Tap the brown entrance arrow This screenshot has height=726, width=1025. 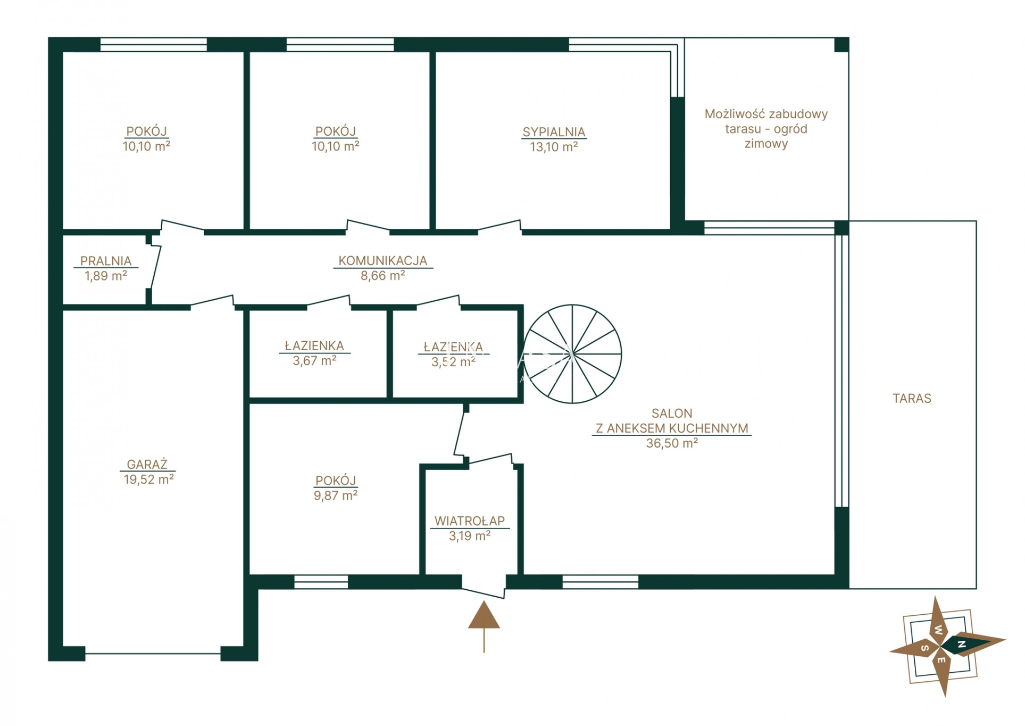pyautogui.click(x=484, y=626)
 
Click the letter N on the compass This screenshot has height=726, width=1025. pyautogui.click(x=961, y=645)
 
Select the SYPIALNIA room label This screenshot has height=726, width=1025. pyautogui.click(x=554, y=132)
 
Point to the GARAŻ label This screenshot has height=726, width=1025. pyautogui.click(x=147, y=464)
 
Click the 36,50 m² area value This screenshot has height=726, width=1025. pyautogui.click(x=672, y=443)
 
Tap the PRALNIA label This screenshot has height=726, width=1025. pyautogui.click(x=106, y=261)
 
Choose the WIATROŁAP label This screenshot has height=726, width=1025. pyautogui.click(x=470, y=521)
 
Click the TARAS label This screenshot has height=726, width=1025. pyautogui.click(x=912, y=398)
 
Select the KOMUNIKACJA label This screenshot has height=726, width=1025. pyautogui.click(x=383, y=261)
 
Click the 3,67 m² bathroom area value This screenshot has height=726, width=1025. pyautogui.click(x=314, y=360)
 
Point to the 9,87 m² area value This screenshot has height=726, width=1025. pyautogui.click(x=336, y=495)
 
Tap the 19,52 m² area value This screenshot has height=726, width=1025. pyautogui.click(x=149, y=479)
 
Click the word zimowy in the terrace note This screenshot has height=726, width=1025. pyautogui.click(x=766, y=144)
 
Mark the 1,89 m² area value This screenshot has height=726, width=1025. pyautogui.click(x=106, y=276)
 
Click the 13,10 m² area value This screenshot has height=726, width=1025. pyautogui.click(x=554, y=147)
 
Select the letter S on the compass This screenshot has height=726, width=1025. pyautogui.click(x=925, y=648)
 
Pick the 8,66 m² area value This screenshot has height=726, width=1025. pyautogui.click(x=383, y=275)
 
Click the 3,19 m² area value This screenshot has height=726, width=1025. pyautogui.click(x=470, y=536)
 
